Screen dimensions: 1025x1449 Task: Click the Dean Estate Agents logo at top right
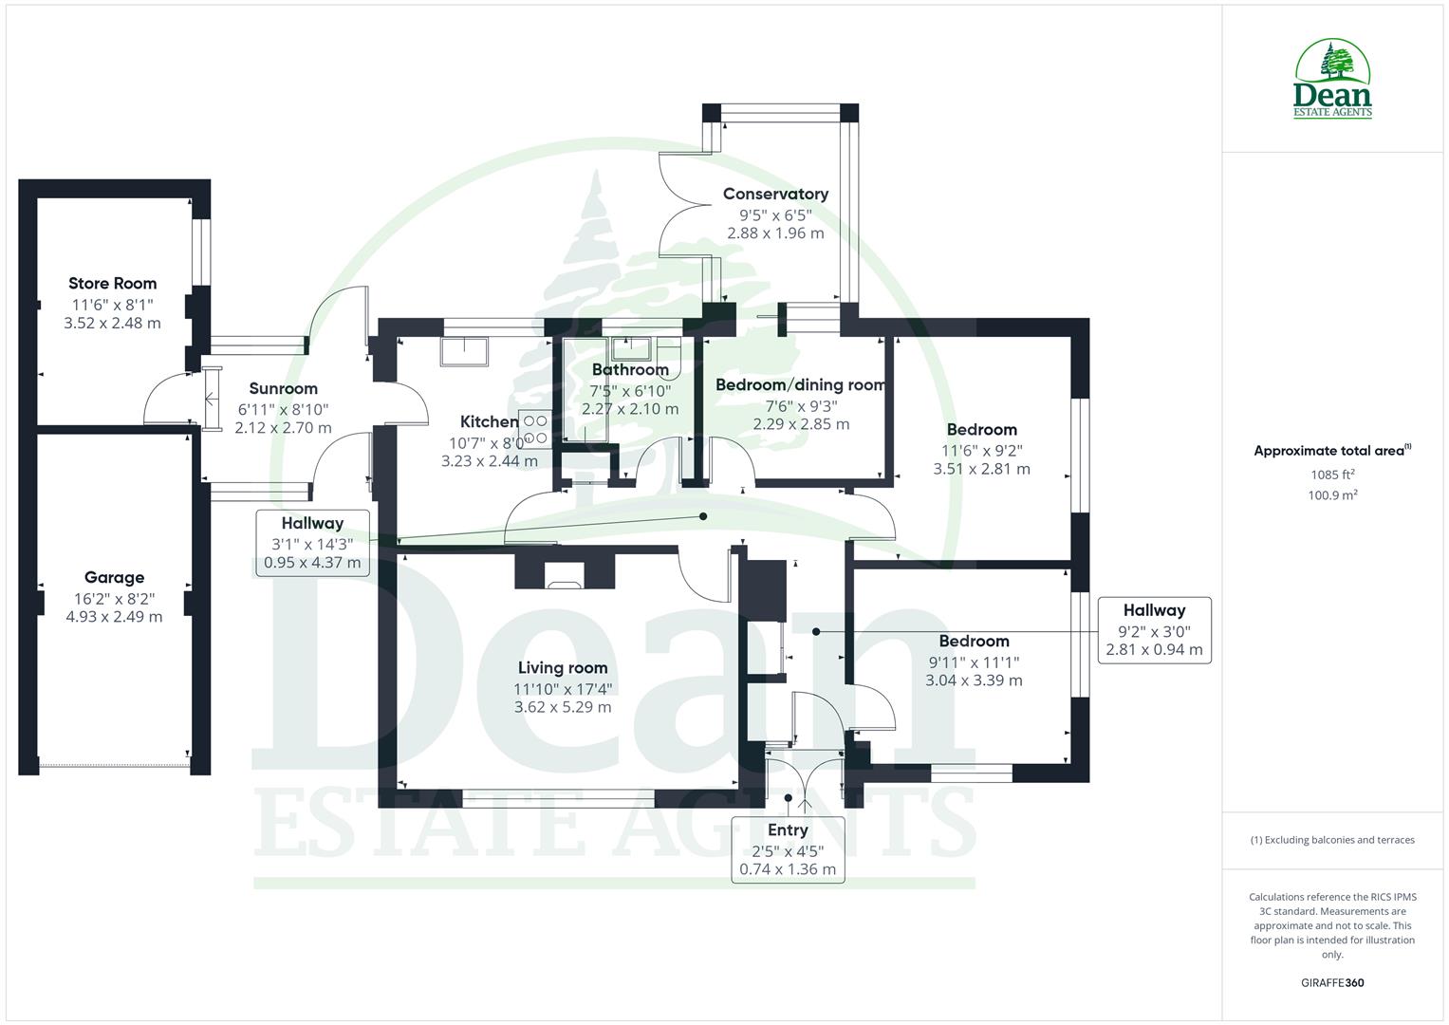(x=1332, y=80)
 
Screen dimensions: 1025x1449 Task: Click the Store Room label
(x=112, y=283)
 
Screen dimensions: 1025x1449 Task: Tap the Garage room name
(x=114, y=577)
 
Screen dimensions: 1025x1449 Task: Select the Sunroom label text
(x=283, y=388)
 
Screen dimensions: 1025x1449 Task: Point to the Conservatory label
(x=775, y=194)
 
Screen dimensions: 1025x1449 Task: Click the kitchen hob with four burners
(x=535, y=429)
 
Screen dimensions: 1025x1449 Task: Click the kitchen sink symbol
(x=463, y=351)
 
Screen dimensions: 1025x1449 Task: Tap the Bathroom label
(x=630, y=369)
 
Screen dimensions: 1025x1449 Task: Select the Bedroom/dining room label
(x=800, y=384)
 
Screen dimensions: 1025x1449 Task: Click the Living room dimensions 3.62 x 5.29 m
(x=563, y=707)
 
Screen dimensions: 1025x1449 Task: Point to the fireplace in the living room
(x=565, y=572)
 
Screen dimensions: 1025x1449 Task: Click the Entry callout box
(x=788, y=849)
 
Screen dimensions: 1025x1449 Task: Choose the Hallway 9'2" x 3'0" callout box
(x=1154, y=630)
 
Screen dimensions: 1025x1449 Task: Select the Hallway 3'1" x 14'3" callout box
(x=312, y=543)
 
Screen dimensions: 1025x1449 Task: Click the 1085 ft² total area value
(x=1332, y=475)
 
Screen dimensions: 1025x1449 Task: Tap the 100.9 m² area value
(x=1332, y=495)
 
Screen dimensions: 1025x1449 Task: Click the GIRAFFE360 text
(x=1332, y=983)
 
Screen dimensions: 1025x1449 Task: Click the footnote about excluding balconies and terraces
(x=1332, y=840)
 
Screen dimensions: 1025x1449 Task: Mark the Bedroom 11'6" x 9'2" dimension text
(x=981, y=451)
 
